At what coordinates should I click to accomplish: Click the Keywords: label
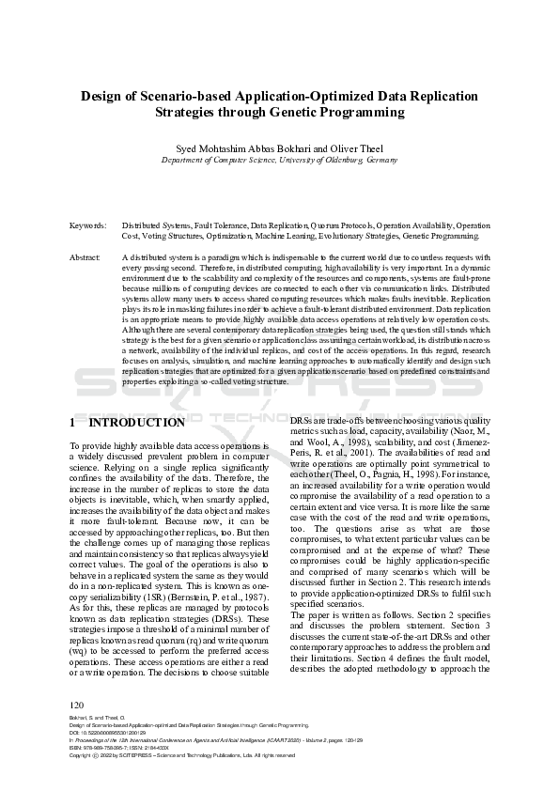pos(87,226)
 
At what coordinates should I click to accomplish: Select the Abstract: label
pos(85,256)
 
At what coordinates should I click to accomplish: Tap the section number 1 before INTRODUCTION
pos(74,423)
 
